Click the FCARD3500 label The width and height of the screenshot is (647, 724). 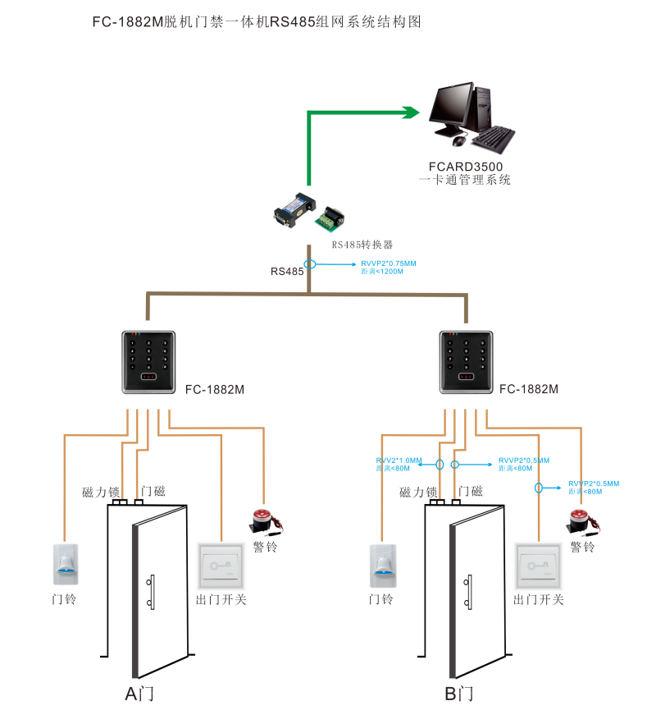click(464, 165)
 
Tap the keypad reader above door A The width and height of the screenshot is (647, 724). click(148, 362)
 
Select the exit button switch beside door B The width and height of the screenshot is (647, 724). click(538, 566)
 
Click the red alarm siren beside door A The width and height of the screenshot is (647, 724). click(263, 520)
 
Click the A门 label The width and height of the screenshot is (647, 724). click(139, 694)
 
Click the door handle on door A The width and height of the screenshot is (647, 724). click(151, 591)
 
